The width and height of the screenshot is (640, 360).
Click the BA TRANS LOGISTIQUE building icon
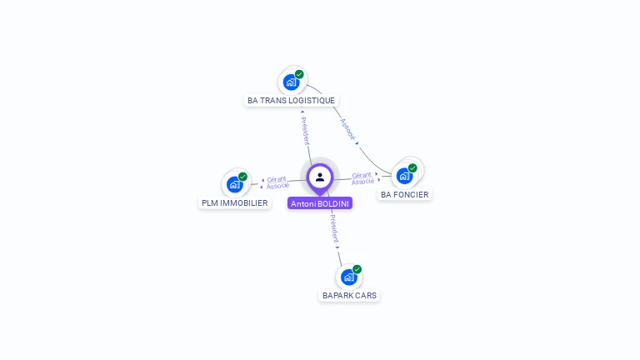[291, 82]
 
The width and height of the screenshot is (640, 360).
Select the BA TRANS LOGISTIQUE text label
[291, 101]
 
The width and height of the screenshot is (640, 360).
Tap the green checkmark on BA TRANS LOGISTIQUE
[299, 74]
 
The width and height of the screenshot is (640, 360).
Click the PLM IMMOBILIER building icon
[234, 184]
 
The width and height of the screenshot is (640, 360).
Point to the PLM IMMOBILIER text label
[235, 202]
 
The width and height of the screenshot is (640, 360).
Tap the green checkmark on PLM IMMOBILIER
[242, 177]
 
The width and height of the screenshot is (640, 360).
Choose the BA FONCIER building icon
[404, 176]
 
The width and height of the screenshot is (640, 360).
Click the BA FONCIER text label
[405, 195]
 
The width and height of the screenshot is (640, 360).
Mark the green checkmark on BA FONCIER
[412, 168]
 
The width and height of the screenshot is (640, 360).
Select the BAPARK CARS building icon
[348, 277]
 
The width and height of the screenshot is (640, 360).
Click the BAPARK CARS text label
[349, 295]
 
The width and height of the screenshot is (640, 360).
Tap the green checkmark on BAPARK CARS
[357, 269]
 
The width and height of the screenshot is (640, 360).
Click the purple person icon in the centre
[320, 177]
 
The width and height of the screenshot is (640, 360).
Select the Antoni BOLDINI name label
[320, 203]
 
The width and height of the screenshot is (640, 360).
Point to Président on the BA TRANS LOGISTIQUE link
[305, 130]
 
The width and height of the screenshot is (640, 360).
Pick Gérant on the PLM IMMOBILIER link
[277, 178]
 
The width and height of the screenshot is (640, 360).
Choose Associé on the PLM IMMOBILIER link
[277, 186]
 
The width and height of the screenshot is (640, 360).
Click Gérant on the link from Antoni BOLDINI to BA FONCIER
[362, 175]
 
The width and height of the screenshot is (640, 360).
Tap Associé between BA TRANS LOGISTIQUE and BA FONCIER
[347, 128]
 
